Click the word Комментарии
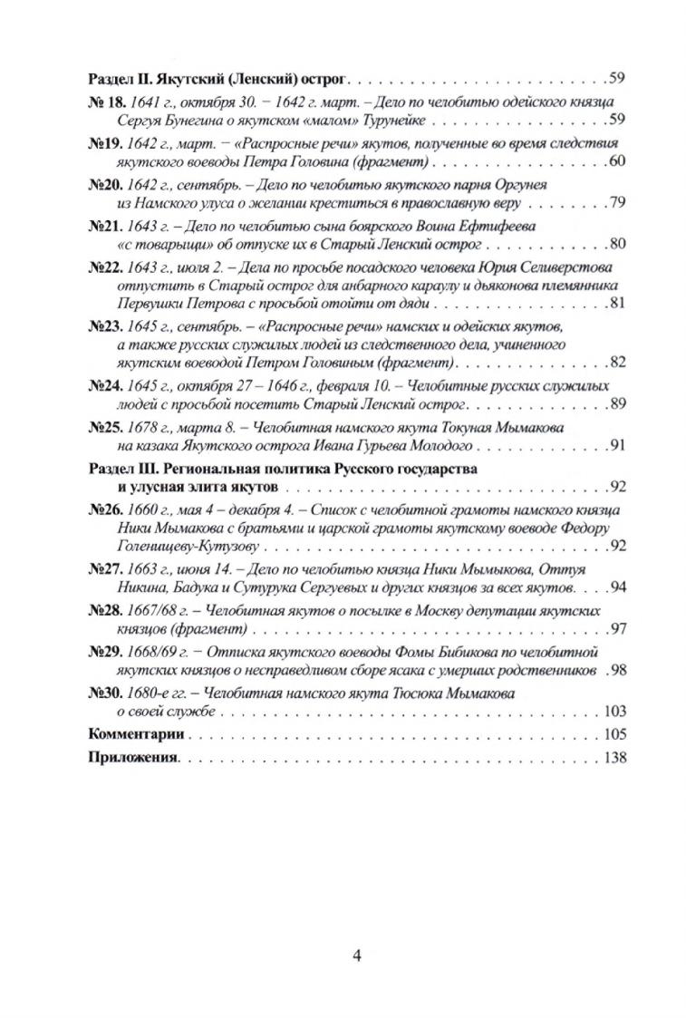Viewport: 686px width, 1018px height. [135, 733]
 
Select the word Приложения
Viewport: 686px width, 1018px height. [133, 757]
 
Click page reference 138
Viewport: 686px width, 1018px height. [614, 757]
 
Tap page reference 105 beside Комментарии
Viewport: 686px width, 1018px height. [614, 733]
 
